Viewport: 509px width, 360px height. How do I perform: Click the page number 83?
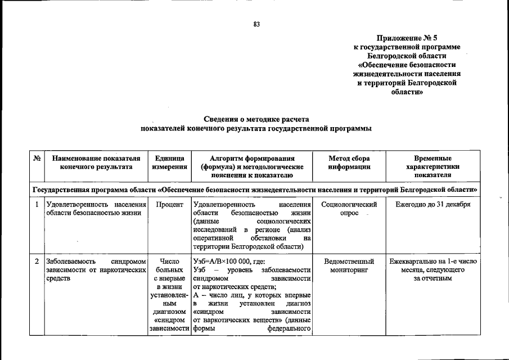point(256,24)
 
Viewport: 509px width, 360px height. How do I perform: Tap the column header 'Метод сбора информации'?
point(349,163)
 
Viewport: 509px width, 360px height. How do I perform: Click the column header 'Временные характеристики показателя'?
point(433,166)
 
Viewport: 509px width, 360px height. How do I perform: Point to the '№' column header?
point(37,159)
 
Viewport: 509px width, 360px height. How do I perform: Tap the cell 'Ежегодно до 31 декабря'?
point(433,204)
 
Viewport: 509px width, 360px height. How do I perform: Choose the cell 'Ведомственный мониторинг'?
point(349,266)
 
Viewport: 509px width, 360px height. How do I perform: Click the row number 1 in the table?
point(37,204)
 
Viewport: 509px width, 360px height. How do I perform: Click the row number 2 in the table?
point(37,262)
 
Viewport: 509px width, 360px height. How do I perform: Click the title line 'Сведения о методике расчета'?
point(256,120)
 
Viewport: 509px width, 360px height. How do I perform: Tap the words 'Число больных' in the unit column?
point(169,266)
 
